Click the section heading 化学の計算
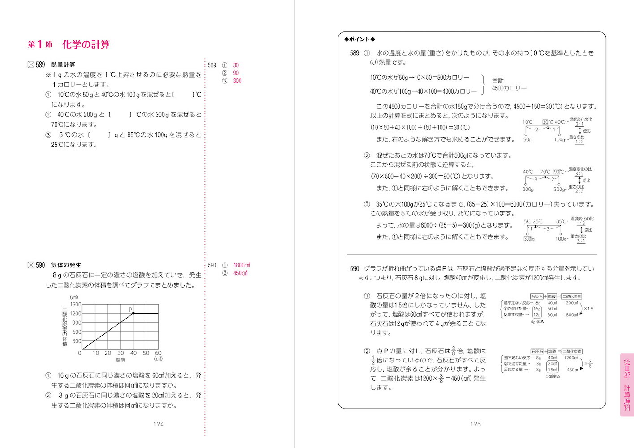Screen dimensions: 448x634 pos(86,44)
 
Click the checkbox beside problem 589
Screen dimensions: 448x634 pos(31,65)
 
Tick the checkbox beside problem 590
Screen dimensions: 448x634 pos(31,265)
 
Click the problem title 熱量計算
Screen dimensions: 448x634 pos(63,65)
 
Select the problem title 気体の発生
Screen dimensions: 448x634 pos(66,265)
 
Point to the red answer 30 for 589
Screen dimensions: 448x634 pos(236,65)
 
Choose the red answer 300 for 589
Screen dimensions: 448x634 pos(237,81)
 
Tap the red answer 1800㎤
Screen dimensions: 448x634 pos(241,265)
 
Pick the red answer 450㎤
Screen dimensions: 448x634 pos(240,273)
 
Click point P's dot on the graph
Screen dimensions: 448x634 pos(133,313)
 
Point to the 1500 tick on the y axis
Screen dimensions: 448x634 pos(76,305)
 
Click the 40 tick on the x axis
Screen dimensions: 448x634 pos(133,353)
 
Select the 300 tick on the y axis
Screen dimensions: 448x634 pos(77,341)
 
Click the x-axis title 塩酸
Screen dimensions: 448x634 pos(121,360)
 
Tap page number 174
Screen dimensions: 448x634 pos(158,424)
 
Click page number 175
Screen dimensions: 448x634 pos(475,424)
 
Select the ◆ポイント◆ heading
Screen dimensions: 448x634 pos(360,39)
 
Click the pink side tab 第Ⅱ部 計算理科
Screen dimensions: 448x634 pos(627,385)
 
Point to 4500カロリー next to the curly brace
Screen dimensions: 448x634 pos(509,88)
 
